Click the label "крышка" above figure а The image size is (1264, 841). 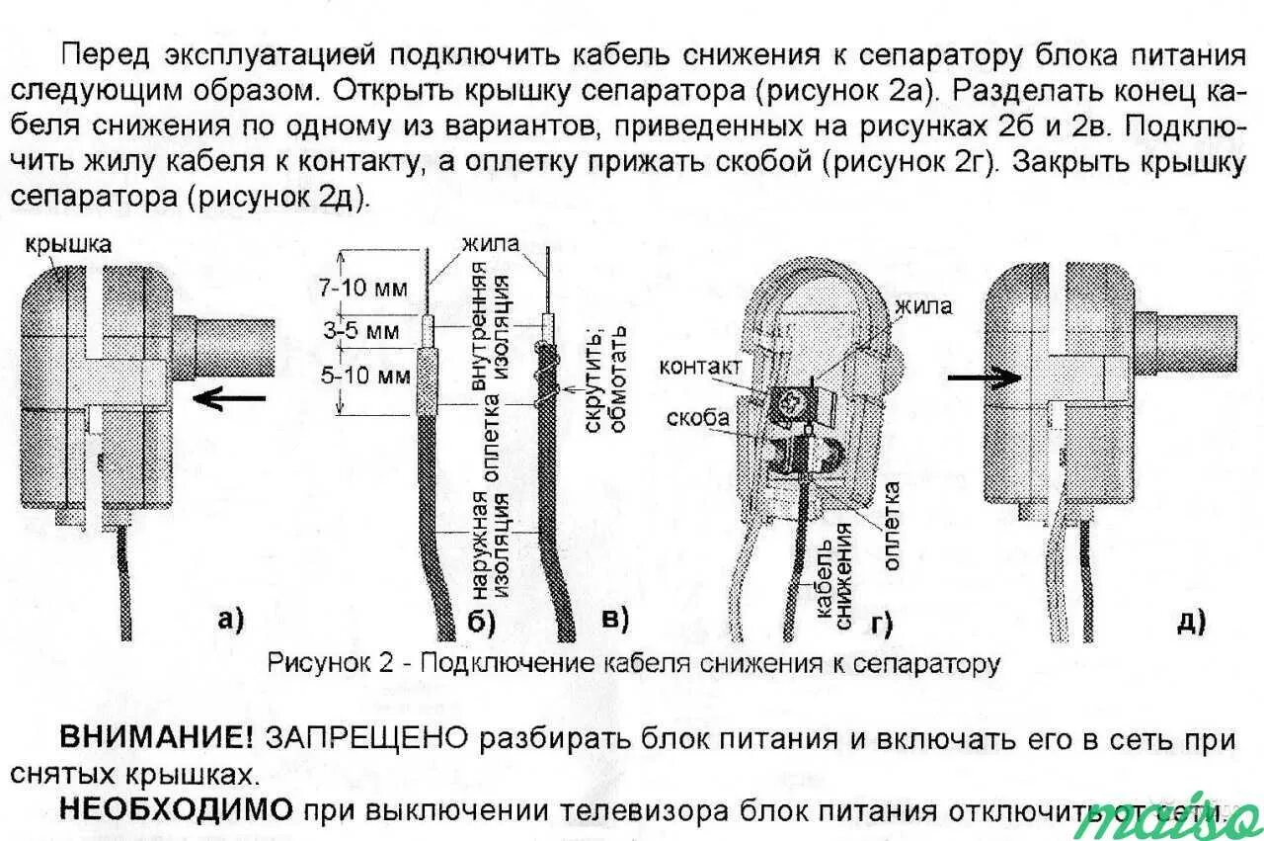tap(69, 244)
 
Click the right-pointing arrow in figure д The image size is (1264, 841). tap(983, 377)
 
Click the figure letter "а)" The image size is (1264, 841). tap(228, 620)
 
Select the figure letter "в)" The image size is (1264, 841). tap(614, 620)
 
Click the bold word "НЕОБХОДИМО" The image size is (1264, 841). tap(177, 810)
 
